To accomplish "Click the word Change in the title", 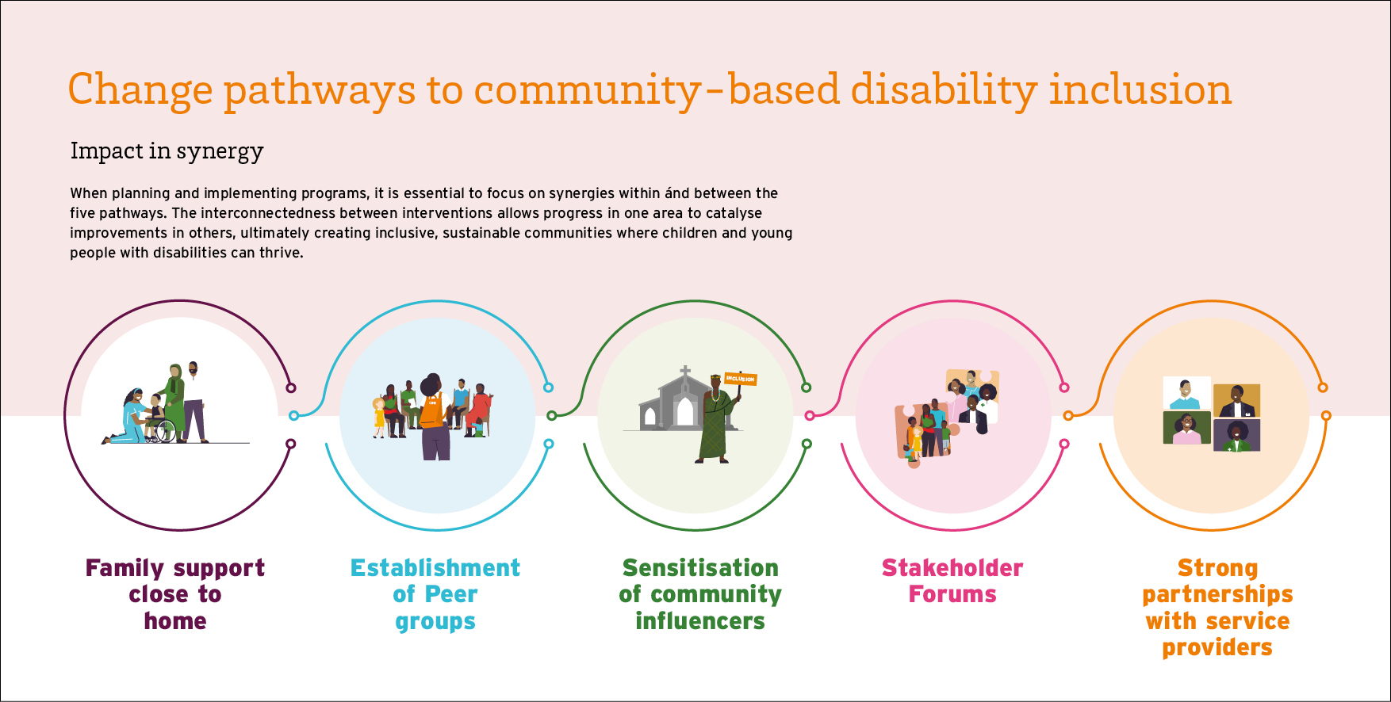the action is click(140, 90).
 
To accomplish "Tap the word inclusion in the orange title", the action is click(1140, 89).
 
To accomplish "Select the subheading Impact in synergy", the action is click(167, 151).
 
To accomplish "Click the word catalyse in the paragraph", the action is click(734, 213).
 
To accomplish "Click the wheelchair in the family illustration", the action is click(161, 429).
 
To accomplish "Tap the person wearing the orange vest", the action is click(433, 417).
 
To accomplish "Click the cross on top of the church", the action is click(685, 372).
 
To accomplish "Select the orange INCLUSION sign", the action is click(741, 380).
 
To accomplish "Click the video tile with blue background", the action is click(1186, 393).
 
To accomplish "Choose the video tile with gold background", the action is click(1236, 401).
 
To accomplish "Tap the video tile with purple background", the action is click(1236, 436).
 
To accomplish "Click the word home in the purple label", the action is click(175, 621).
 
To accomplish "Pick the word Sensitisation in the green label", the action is click(700, 568).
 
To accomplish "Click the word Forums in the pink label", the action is click(952, 594).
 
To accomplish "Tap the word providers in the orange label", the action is click(1217, 648).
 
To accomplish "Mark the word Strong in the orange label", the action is click(1217, 569).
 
